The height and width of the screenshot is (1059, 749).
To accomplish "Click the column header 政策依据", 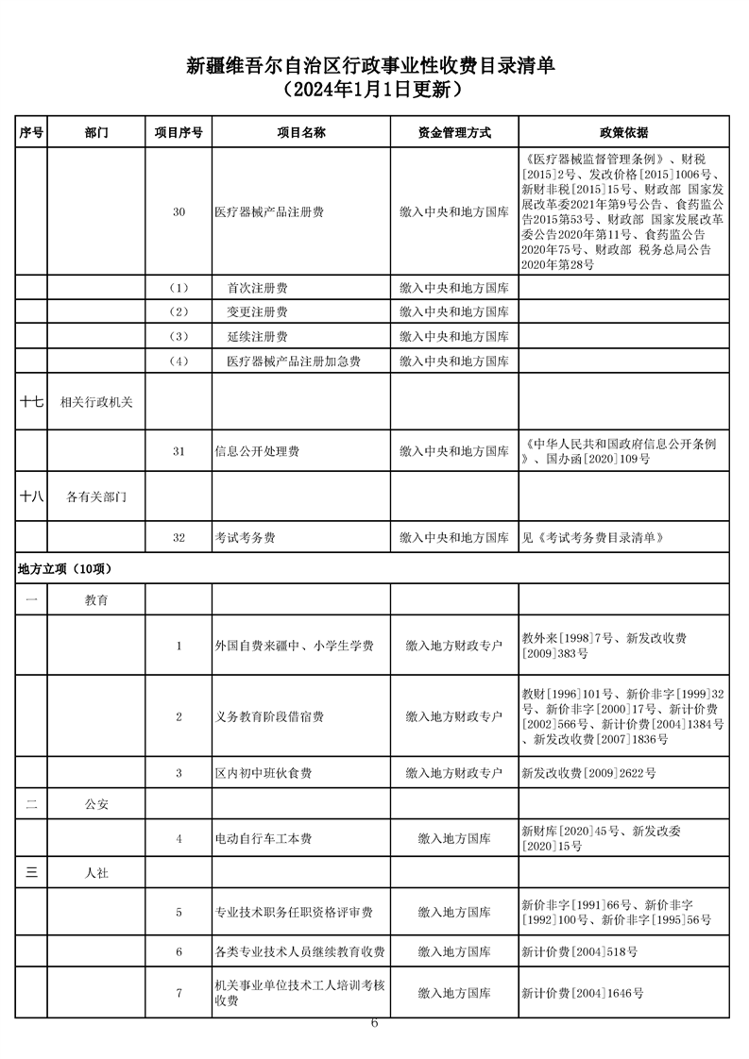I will click(623, 133).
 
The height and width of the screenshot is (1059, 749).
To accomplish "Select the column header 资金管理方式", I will click(454, 133).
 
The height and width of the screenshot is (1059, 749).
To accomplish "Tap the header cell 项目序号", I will click(179, 133).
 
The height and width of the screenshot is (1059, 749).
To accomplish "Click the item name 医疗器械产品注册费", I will click(269, 212).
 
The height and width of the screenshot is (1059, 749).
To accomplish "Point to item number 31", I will click(179, 452).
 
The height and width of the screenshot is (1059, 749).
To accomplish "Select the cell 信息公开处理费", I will click(257, 452).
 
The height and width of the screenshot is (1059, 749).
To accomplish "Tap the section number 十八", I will click(31, 495).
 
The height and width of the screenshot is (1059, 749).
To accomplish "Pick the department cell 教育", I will click(96, 600).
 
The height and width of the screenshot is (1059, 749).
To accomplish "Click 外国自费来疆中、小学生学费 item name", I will click(295, 646).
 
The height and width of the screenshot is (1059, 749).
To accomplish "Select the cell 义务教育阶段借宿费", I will click(269, 716).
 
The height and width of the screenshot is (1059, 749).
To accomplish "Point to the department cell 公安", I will click(96, 805).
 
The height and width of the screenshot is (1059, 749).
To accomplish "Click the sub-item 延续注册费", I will click(258, 337).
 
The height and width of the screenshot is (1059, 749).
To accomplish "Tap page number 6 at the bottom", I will click(375, 1024).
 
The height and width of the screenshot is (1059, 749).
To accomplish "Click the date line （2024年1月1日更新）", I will click(374, 92).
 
